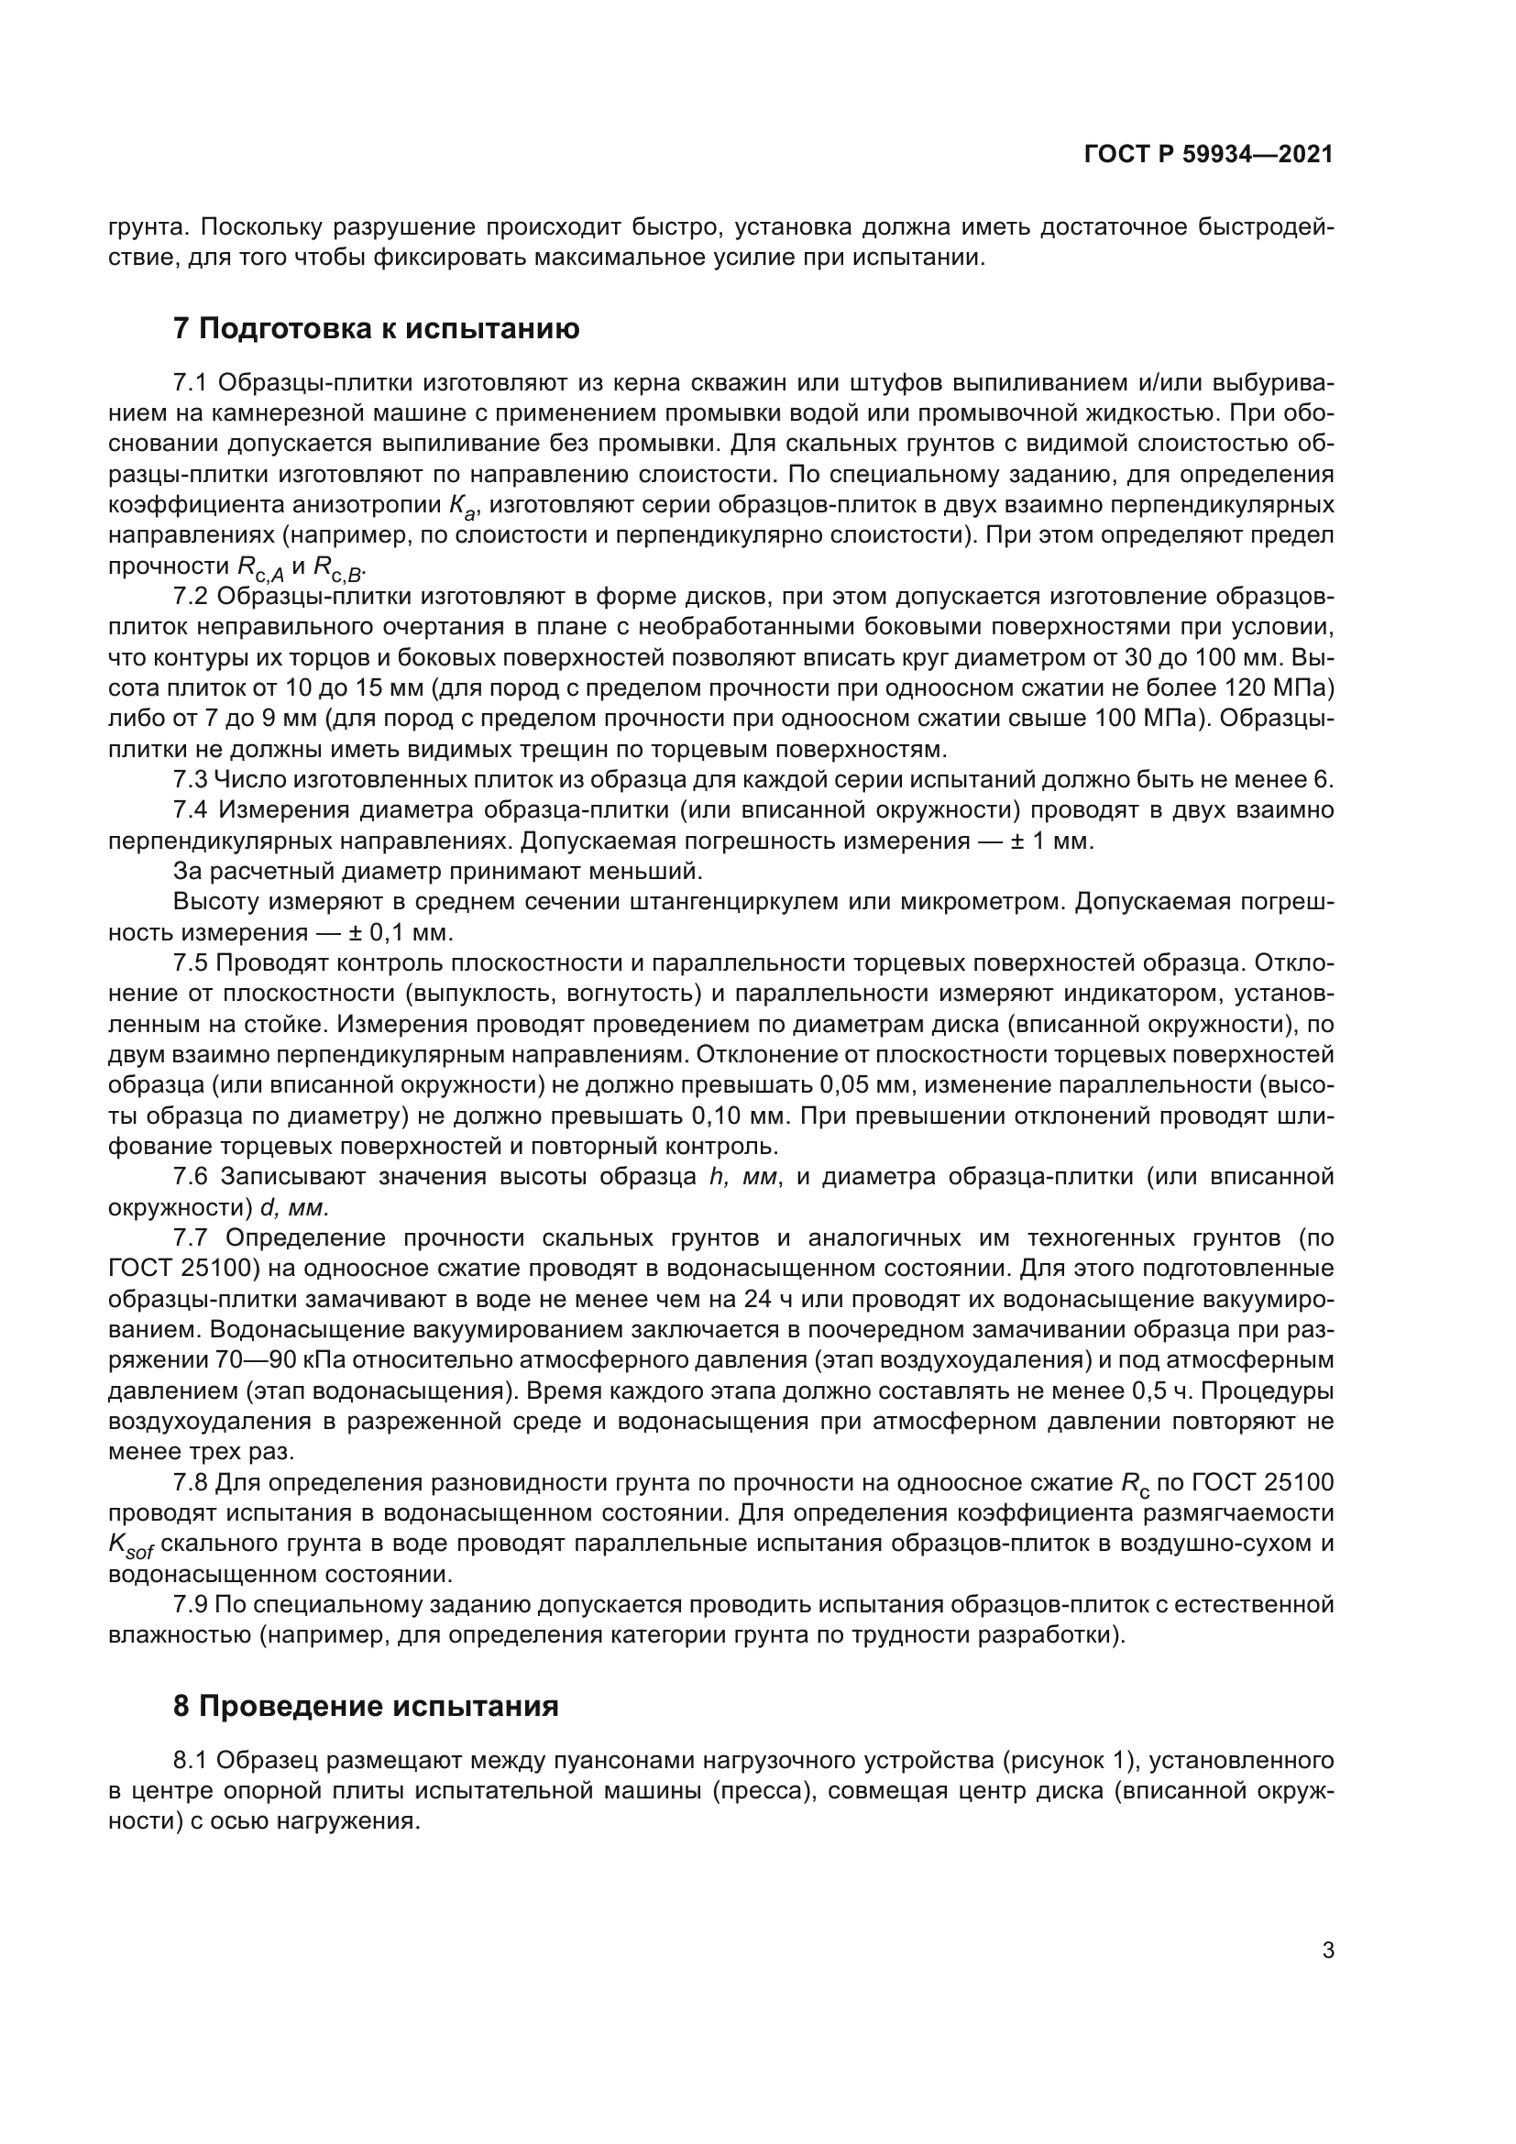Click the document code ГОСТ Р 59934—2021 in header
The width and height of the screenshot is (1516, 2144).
[1208, 155]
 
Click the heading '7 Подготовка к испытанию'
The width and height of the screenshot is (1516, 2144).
[376, 329]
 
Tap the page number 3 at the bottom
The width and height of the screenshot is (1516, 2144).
[1327, 1951]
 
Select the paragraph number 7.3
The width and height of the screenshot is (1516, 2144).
[191, 780]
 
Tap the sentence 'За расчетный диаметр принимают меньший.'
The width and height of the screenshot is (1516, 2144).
[437, 871]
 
